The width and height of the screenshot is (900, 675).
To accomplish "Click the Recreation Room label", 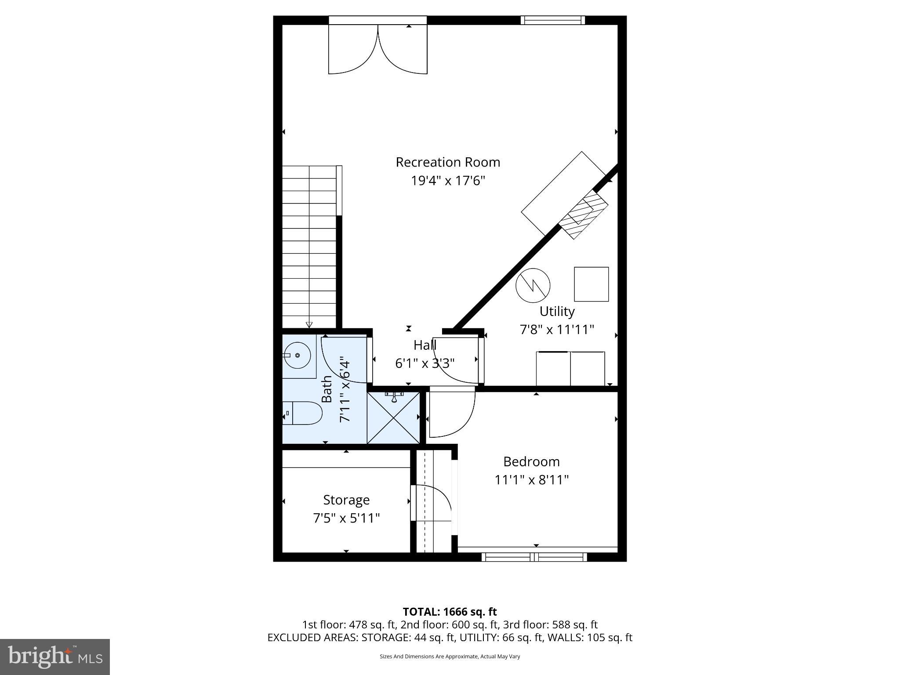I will click(x=448, y=162).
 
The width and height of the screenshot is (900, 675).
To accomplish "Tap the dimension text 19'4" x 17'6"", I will click(x=448, y=181).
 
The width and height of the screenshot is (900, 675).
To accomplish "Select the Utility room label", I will click(x=557, y=311).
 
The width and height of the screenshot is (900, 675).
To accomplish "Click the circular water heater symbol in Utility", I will click(x=533, y=285).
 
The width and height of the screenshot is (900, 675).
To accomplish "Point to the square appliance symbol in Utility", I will click(x=591, y=284).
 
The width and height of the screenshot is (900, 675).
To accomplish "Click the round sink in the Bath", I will click(x=297, y=355).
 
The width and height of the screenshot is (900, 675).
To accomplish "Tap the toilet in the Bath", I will click(x=303, y=413).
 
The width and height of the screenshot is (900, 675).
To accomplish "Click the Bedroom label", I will click(x=531, y=461).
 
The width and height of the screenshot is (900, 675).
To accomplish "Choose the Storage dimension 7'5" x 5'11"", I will click(x=346, y=518).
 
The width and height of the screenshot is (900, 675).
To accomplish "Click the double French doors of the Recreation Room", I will click(x=378, y=48).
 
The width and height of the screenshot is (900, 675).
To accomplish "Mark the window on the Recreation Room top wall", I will click(x=553, y=20).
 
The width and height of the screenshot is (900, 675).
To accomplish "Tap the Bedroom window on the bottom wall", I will click(x=534, y=557).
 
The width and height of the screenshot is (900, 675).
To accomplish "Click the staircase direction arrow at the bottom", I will click(x=309, y=325).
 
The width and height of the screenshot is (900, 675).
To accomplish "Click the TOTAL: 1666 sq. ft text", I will click(x=450, y=612).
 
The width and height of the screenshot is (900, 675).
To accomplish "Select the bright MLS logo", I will click(x=55, y=657).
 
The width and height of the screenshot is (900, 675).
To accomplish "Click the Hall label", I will click(x=425, y=345).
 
